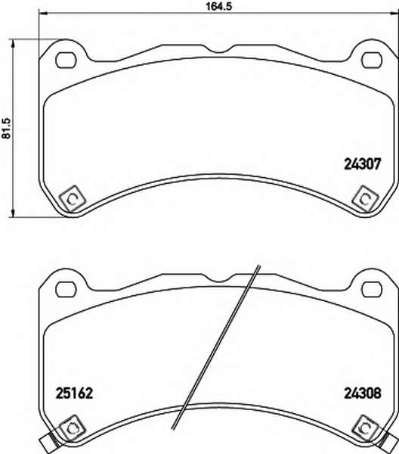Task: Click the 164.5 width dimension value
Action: click(218, 6)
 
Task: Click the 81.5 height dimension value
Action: click(6, 128)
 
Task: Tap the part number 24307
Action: click(363, 164)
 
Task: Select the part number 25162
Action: click(74, 393)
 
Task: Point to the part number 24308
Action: click(363, 393)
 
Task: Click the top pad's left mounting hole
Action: click(66, 61)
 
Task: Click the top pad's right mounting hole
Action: click(372, 61)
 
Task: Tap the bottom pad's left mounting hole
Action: click(66, 289)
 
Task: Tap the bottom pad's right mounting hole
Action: click(372, 289)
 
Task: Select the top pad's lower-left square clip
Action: click(72, 198)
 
